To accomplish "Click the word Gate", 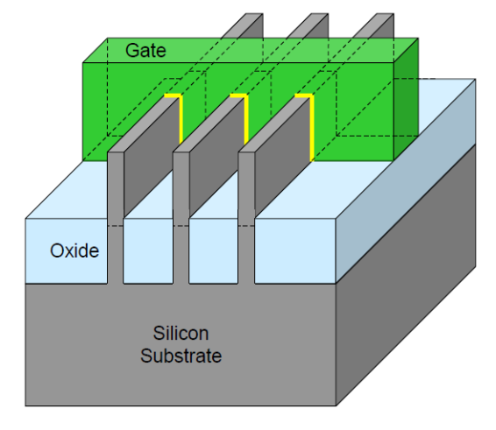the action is (145, 51).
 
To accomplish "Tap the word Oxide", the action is (74, 250).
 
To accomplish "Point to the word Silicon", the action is (181, 334).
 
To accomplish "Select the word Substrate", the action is (181, 356).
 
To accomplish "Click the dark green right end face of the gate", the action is (406, 100).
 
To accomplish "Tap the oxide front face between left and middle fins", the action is (148, 250).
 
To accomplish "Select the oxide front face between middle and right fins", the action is (214, 250).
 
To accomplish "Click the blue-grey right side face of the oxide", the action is (406, 181).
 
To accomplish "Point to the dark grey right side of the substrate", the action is (406, 275).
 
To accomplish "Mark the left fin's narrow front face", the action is (116, 218).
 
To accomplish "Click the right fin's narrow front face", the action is (246, 218).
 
